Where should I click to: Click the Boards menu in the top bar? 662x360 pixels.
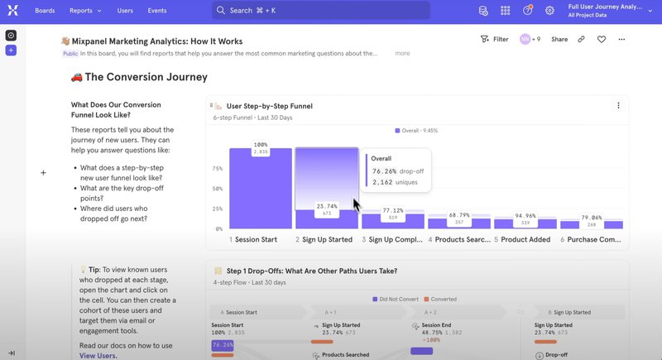[45, 11]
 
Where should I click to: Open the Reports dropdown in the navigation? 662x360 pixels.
[85, 11]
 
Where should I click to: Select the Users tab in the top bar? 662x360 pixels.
[125, 11]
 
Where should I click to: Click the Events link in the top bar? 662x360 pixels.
[156, 11]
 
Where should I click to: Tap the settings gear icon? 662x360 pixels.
[550, 11]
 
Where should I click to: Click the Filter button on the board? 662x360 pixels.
[494, 39]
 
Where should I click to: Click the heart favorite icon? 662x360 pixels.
[602, 39]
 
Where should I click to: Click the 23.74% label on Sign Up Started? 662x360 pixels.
[326, 206]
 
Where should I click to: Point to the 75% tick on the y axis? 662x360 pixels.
[218, 169]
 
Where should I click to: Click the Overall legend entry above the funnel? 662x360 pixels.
[418, 131]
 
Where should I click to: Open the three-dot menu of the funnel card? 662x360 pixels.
[617, 106]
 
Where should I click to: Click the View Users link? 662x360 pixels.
[98, 355]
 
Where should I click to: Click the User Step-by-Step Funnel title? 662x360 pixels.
[269, 106]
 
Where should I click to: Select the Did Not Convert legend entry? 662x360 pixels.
[394, 298]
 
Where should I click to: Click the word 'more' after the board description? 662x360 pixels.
[402, 53]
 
